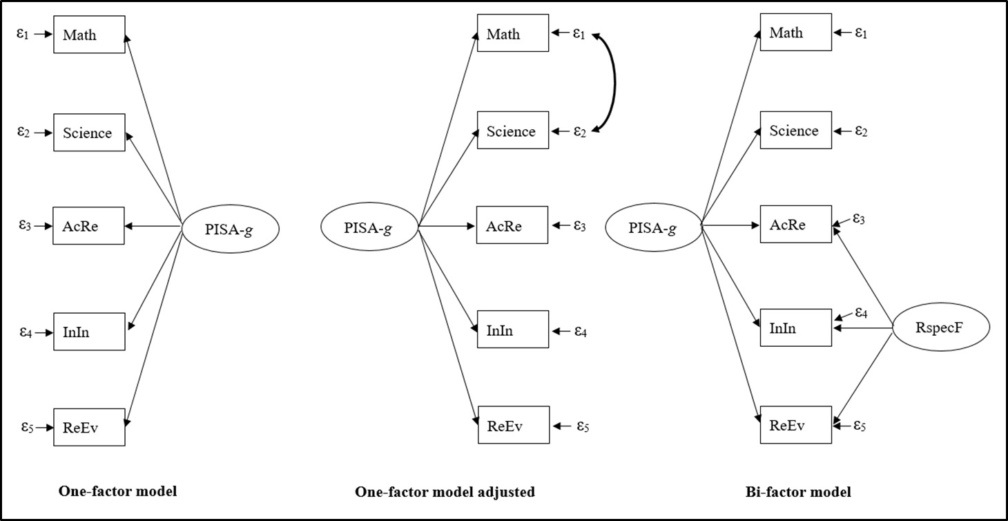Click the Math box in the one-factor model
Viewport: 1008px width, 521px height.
tap(89, 35)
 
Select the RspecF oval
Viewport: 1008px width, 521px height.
tap(941, 328)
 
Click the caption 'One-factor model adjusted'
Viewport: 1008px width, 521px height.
tap(445, 492)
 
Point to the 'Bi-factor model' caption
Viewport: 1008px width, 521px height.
tap(798, 492)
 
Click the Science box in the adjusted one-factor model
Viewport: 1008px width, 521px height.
tap(512, 130)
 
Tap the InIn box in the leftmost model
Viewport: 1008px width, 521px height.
tap(89, 332)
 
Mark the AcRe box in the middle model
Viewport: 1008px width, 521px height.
tap(512, 225)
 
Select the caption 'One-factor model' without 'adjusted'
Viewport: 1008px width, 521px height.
tap(118, 492)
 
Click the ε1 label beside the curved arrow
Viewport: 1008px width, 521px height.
tap(579, 32)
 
